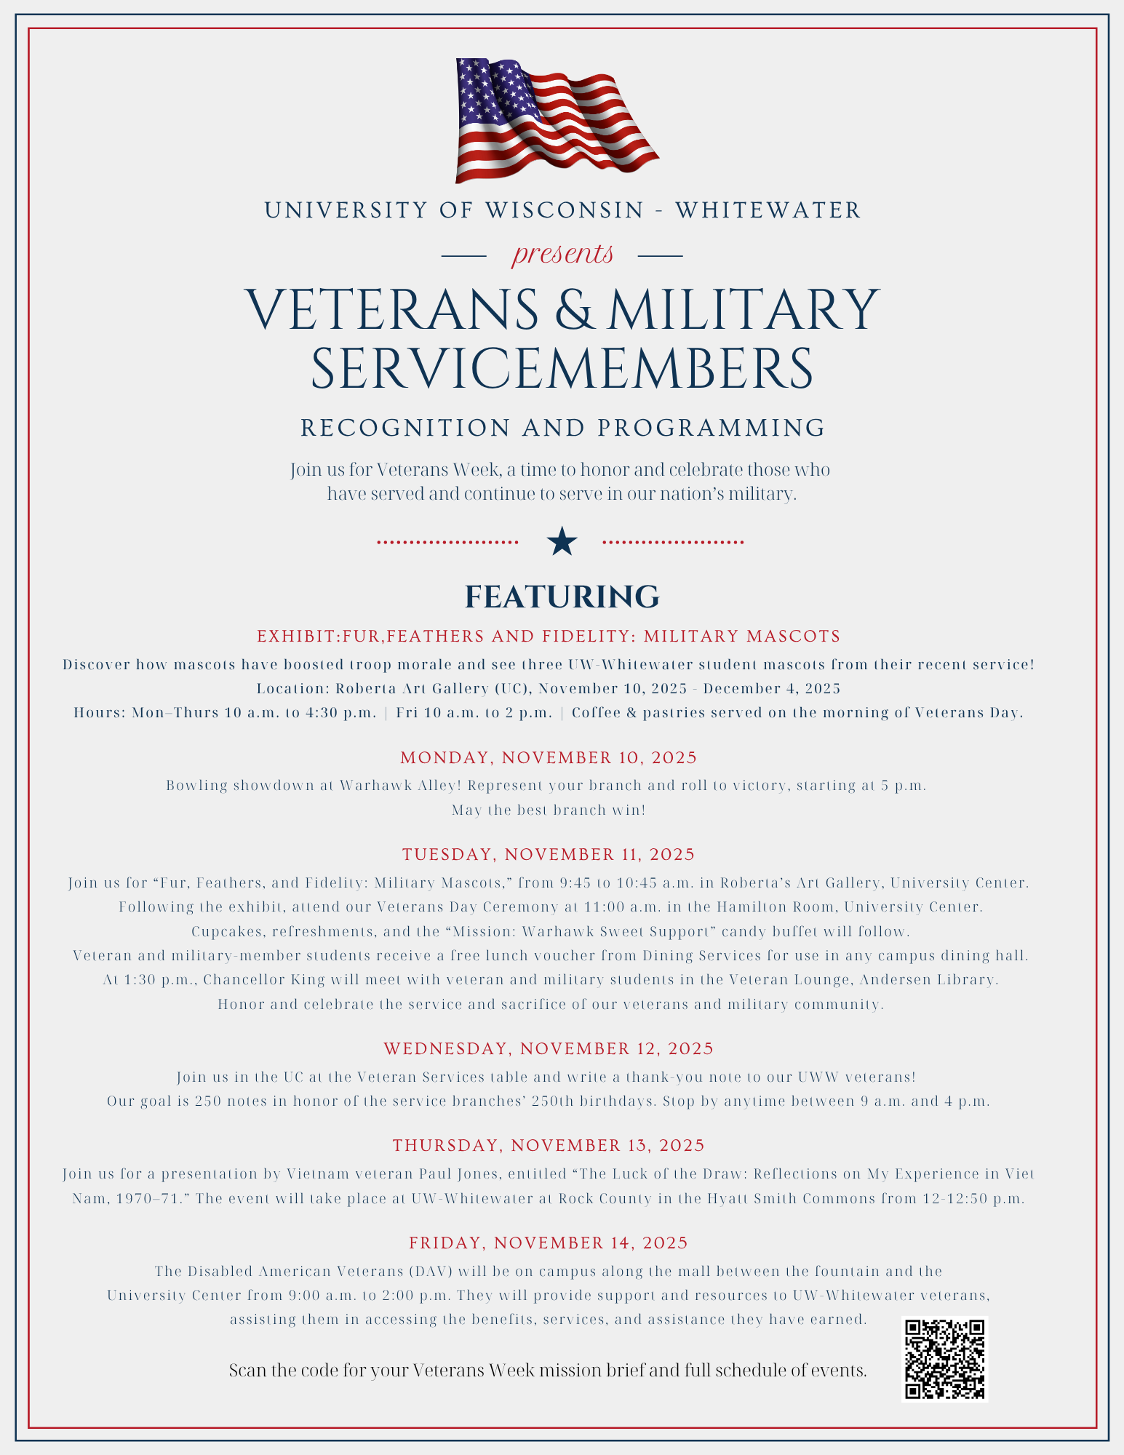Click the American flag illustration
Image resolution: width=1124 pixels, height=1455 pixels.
point(557,120)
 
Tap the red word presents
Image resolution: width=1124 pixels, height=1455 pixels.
point(562,254)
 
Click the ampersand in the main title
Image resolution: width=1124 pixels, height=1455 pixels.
point(573,310)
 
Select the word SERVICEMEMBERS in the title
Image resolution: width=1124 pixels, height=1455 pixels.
point(562,369)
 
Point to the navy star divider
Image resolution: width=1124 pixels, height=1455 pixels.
point(562,542)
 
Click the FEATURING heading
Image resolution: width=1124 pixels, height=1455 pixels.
point(562,597)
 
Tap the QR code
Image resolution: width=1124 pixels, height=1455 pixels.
point(945,1359)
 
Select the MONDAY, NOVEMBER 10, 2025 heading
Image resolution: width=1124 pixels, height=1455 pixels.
point(549,757)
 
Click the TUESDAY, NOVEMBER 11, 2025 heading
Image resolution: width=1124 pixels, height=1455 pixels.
point(549,854)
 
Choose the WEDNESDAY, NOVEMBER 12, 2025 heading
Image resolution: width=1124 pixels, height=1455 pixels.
point(549,1048)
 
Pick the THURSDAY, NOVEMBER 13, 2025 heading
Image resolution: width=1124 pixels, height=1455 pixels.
point(549,1145)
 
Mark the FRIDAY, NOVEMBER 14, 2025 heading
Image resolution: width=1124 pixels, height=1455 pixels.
point(549,1243)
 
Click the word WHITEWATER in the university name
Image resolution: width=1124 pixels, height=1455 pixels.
point(768,210)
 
